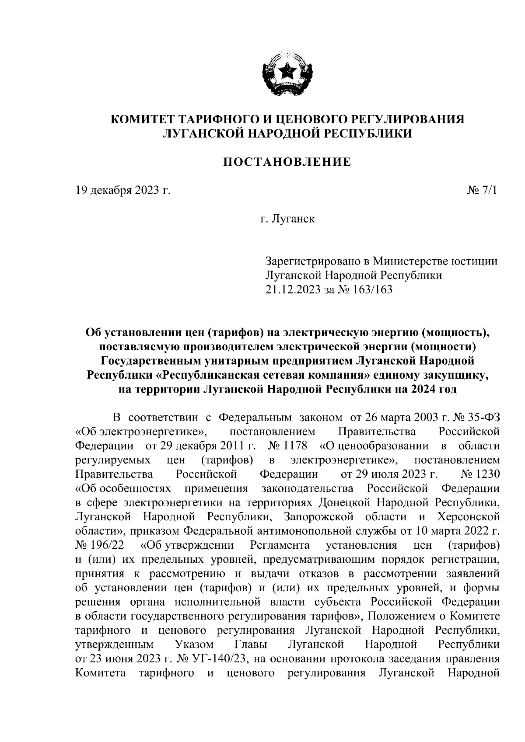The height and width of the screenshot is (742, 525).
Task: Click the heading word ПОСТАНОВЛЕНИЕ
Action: pos(287,162)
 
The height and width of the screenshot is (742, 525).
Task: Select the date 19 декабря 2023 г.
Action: pos(122,191)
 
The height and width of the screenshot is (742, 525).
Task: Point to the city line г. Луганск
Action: pos(287,219)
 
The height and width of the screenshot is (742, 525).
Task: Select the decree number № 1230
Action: pos(480,474)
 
